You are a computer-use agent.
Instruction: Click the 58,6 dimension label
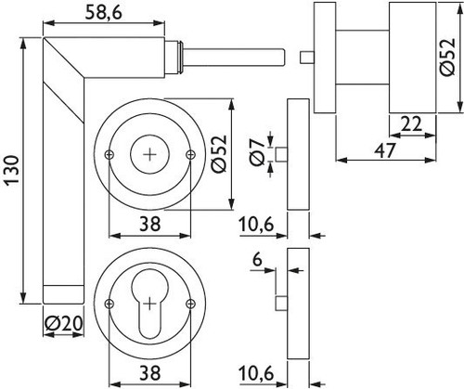click(104, 13)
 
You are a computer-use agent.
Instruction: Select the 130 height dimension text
click(13, 171)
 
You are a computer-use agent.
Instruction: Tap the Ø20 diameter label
click(63, 324)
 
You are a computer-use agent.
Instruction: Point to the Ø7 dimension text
click(258, 152)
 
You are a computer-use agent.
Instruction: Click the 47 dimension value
click(385, 150)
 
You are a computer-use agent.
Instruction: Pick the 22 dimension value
click(412, 124)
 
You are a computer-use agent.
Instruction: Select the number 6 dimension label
click(257, 260)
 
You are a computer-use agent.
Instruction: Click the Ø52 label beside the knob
click(448, 57)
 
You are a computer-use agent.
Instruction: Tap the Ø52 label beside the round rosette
click(219, 154)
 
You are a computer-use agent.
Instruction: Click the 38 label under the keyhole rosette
click(150, 373)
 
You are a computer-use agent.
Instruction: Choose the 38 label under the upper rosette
click(150, 224)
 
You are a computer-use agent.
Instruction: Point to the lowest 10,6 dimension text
click(256, 373)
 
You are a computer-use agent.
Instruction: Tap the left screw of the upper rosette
click(110, 155)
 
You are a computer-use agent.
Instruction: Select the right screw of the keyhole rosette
click(191, 304)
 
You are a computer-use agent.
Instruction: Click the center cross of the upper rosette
click(150, 155)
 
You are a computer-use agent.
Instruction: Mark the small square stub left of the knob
click(307, 58)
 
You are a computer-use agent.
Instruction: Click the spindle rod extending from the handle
click(235, 58)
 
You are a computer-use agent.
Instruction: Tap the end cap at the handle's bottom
click(63, 294)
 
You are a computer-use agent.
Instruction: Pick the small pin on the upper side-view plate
click(281, 155)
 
